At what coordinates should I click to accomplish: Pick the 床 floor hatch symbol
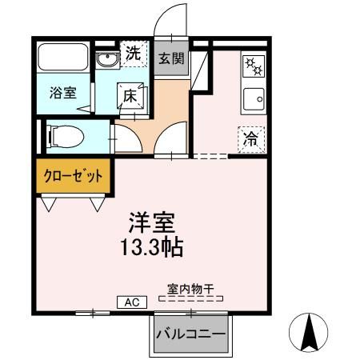coord(130,95)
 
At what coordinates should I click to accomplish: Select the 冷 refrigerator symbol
coord(250,137)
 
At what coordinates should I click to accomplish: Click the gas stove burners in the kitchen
coord(250,66)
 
